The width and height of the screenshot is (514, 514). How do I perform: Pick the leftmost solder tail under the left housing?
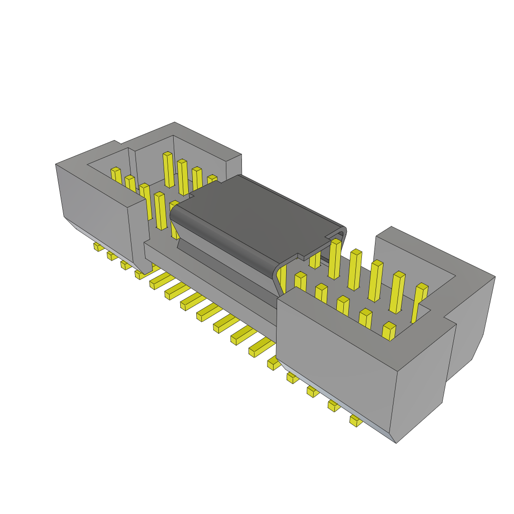point(98,247)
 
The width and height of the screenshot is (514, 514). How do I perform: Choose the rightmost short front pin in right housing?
point(389,331)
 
